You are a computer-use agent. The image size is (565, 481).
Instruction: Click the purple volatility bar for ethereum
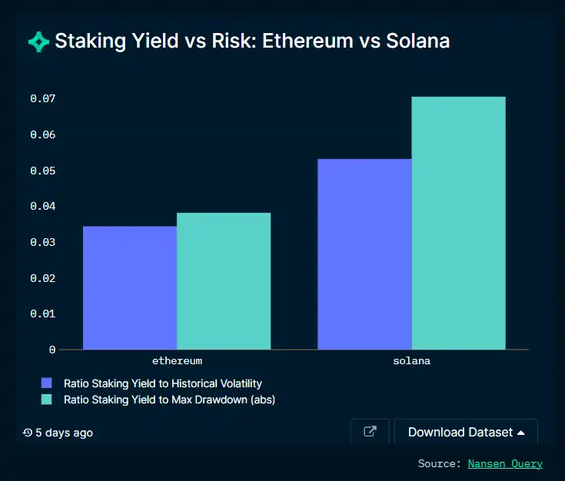130,287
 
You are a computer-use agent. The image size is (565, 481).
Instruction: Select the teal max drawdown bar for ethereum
224,280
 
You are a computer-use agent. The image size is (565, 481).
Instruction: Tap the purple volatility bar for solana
364,254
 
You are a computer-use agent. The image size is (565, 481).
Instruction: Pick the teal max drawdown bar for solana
458,223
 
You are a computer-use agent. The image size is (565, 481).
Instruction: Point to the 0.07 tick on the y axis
43,99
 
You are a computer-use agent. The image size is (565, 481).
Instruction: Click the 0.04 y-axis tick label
43,207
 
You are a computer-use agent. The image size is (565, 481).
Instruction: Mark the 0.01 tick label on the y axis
43,314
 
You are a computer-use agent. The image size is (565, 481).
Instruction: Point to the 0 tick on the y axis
52,350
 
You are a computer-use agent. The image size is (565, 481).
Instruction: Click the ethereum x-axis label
177,360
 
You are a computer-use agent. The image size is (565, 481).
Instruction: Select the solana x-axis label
411,360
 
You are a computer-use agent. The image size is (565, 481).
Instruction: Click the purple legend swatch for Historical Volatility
47,383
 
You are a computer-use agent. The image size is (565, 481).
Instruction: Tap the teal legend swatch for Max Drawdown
47,400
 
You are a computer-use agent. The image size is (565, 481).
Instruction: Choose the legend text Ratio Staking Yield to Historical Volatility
163,383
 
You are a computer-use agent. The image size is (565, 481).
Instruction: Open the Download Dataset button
466,433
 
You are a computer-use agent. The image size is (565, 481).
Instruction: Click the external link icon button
370,432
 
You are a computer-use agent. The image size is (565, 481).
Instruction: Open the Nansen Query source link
505,463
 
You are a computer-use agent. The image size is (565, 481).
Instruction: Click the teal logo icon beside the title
38,41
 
